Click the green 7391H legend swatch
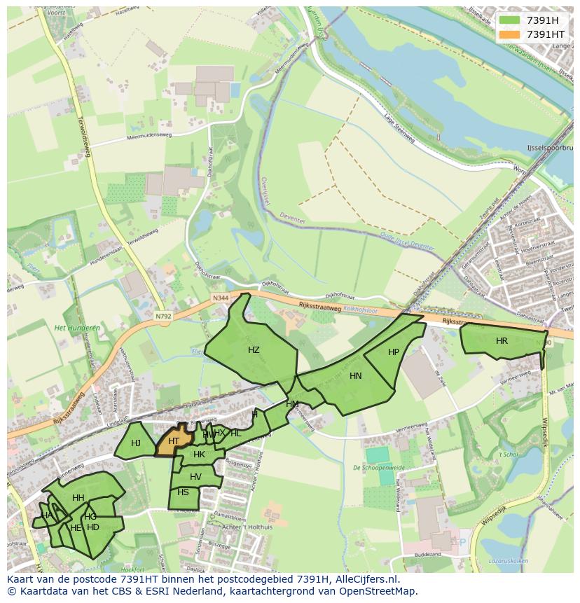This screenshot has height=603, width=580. pyautogui.click(x=509, y=20)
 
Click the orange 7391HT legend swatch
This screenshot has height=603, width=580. pyautogui.click(x=509, y=34)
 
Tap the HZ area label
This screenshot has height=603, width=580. pyautogui.click(x=254, y=350)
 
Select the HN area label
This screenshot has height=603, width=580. pyautogui.click(x=356, y=376)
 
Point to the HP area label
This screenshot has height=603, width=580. pyautogui.click(x=394, y=352)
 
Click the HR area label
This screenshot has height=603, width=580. pyautogui.click(x=502, y=341)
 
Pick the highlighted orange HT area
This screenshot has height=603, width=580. pyautogui.click(x=174, y=441)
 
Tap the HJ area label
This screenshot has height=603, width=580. pyautogui.click(x=136, y=443)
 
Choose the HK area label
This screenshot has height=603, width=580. pyautogui.click(x=199, y=455)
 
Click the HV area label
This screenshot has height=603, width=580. pyautogui.click(x=195, y=477)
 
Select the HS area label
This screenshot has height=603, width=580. pyautogui.click(x=183, y=492)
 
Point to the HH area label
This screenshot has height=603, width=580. pyautogui.click(x=78, y=498)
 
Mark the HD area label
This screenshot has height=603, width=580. pyautogui.click(x=93, y=527)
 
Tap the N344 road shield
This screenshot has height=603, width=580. pyautogui.click(x=221, y=298)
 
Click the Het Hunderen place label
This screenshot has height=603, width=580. pyautogui.click(x=77, y=328)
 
